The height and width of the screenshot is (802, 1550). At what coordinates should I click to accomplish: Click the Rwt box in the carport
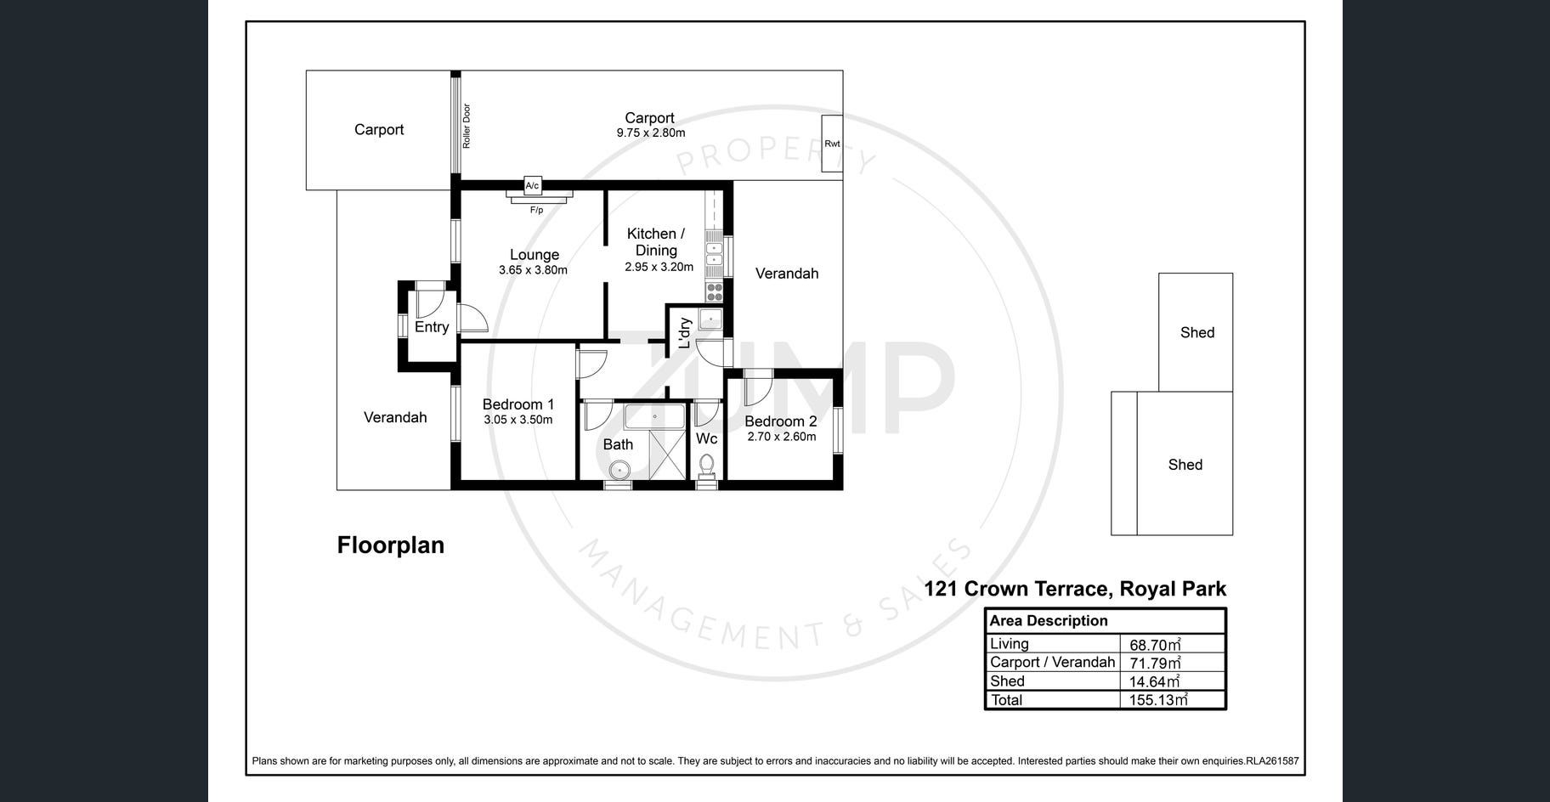tap(832, 144)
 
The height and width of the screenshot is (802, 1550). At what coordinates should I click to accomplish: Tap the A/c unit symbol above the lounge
tap(532, 185)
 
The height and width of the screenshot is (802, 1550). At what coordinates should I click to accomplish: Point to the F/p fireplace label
tap(537, 210)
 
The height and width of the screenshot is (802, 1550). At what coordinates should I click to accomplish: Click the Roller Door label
tap(467, 127)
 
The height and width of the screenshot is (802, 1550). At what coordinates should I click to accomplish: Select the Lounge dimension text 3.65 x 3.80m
tap(533, 270)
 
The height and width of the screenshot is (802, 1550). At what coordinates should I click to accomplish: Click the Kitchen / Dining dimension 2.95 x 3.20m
tap(659, 267)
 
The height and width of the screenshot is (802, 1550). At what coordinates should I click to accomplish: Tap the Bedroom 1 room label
tap(518, 404)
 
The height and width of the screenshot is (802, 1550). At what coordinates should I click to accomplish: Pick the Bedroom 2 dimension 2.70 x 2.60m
tap(781, 437)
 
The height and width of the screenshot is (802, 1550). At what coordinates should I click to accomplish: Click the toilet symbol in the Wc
tap(706, 465)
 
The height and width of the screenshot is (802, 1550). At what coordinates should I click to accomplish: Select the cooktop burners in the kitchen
tap(714, 291)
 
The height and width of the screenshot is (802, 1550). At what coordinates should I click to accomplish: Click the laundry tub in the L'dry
tap(710, 319)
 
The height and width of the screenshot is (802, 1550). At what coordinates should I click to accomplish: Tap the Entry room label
tap(432, 327)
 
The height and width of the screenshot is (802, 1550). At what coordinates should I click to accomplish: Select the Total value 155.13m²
tap(1158, 700)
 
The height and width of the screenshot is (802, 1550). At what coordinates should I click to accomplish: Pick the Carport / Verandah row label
tap(1052, 662)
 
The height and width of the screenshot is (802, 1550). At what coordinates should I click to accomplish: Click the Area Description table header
tap(1049, 620)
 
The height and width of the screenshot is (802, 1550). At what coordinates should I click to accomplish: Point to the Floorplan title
tap(391, 545)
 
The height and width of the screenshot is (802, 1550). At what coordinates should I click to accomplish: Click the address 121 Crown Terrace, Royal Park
tap(1075, 589)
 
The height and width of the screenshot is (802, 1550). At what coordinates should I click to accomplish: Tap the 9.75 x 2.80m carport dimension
tap(651, 133)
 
